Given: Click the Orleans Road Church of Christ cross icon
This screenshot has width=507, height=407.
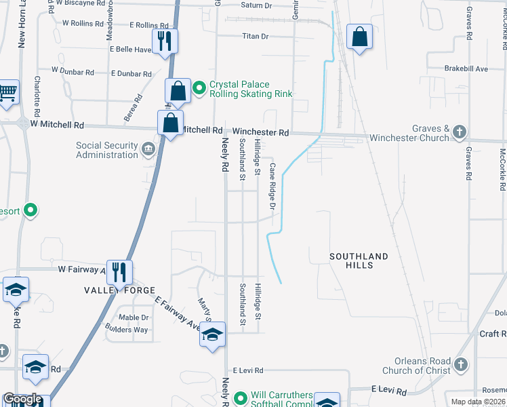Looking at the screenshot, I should pos(461,364).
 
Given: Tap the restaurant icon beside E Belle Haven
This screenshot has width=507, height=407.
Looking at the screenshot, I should pos(165,40).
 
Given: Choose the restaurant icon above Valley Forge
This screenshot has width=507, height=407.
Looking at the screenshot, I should pos(119,271).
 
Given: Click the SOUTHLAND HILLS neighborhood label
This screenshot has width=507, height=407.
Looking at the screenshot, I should pos(359,260).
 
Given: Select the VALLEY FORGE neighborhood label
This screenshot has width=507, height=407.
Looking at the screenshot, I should pos(110,290).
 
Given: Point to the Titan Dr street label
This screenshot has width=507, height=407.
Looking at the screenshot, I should pos(256,36).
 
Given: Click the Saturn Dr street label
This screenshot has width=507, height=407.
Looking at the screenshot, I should pos(258,5).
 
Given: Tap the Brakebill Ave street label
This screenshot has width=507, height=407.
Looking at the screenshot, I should pos(466,69).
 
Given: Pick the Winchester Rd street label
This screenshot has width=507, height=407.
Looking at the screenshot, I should pos(261,132).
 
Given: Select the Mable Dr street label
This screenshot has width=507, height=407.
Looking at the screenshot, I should pos(134,317).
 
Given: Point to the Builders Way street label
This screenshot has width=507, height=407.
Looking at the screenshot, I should pos(126,330).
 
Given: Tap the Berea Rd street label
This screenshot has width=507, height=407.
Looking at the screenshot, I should pos(134,108).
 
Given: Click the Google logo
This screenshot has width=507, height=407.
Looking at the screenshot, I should pos(22,399).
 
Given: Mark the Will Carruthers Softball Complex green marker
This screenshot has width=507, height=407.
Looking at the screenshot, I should pos(240,398).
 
